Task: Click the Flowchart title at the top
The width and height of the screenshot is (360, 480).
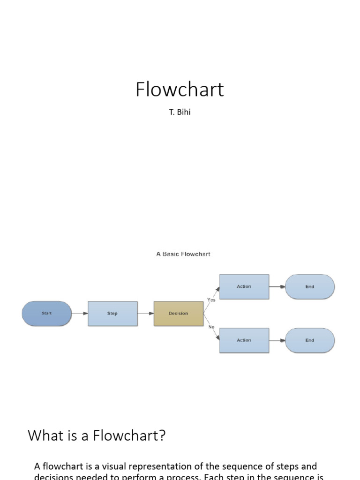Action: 180,90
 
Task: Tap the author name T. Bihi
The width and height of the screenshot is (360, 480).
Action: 180,113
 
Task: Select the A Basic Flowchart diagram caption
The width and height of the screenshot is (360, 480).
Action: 183,254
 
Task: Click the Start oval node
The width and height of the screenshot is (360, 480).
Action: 47,314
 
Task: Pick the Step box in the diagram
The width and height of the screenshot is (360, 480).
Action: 112,314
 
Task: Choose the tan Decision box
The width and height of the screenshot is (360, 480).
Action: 178,314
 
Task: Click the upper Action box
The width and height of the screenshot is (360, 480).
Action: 244,286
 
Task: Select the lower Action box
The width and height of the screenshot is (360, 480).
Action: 244,340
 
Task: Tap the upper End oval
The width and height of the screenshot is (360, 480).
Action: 309,286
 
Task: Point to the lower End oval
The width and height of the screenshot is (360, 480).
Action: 309,340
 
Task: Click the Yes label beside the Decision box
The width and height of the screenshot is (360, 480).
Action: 211,300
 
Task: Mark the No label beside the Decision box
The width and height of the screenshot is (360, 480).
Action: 211,327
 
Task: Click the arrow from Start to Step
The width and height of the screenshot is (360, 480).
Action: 80,314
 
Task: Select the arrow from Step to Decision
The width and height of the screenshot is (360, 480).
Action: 146,314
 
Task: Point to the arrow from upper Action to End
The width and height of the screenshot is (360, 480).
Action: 277,286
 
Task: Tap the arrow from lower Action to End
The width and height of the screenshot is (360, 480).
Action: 277,340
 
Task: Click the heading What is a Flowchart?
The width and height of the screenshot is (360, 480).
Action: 97,436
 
